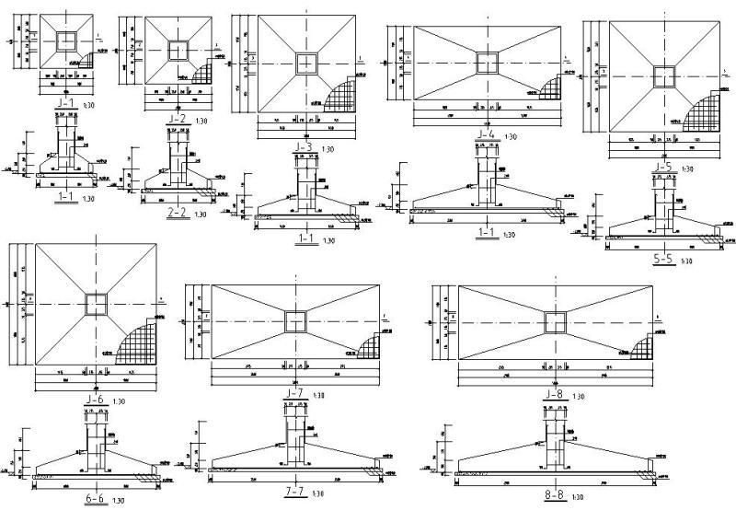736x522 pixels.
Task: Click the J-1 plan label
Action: [65, 104]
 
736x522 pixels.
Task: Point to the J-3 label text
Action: [303, 145]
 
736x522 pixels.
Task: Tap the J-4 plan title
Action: [486, 134]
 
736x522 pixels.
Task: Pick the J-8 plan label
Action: [555, 394]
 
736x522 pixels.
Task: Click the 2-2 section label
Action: [178, 212]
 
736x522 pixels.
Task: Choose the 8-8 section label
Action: [555, 495]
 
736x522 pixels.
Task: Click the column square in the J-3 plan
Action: [304, 63]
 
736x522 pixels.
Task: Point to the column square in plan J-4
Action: [487, 63]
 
